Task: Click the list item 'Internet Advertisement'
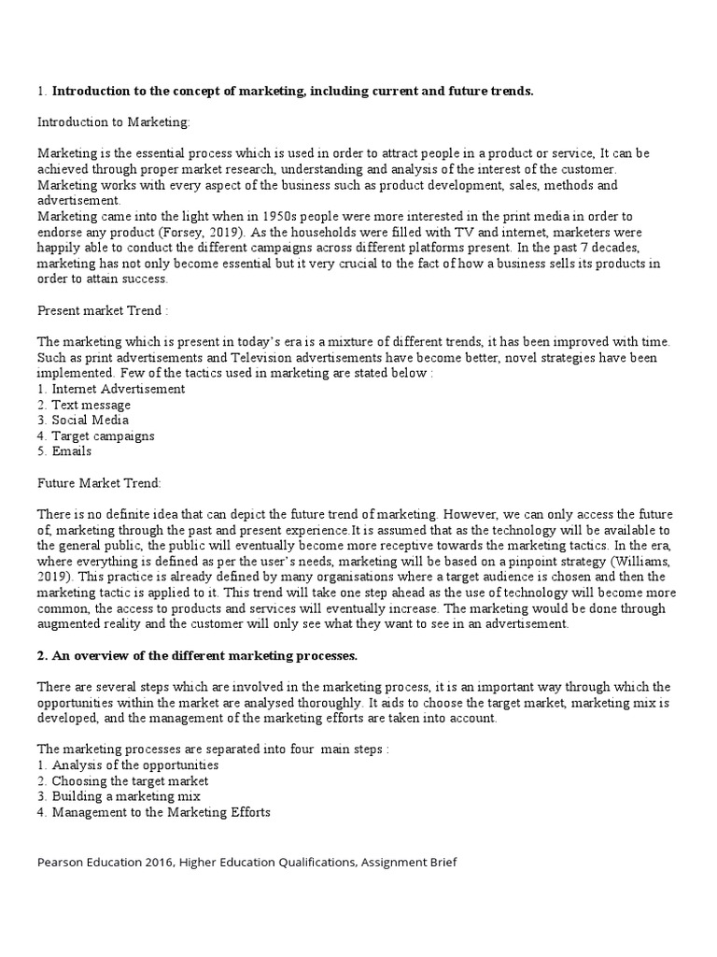(118, 389)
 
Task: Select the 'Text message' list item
(91, 405)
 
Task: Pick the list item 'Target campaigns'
(103, 436)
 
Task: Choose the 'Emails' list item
(71, 450)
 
